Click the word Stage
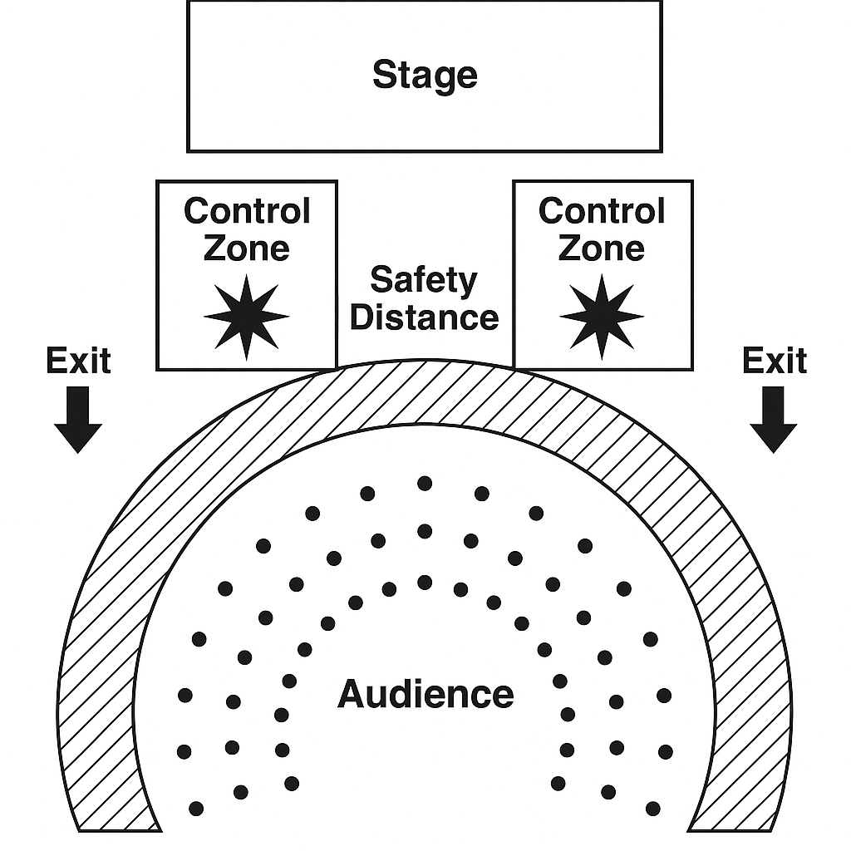(425, 75)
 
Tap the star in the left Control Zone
(246, 317)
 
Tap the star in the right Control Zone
(602, 317)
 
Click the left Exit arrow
(78, 420)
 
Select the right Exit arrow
(773, 420)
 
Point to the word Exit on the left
(78, 362)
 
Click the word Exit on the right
(775, 362)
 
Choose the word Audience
(425, 693)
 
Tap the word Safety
(424, 280)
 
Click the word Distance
(425, 317)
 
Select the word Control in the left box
(247, 211)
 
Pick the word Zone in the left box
(247, 248)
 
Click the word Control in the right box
(602, 211)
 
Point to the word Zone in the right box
(602, 248)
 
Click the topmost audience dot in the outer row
(425, 483)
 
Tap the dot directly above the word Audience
(425, 582)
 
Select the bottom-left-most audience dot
(196, 808)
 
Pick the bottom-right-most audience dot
(653, 808)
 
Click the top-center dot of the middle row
(425, 531)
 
